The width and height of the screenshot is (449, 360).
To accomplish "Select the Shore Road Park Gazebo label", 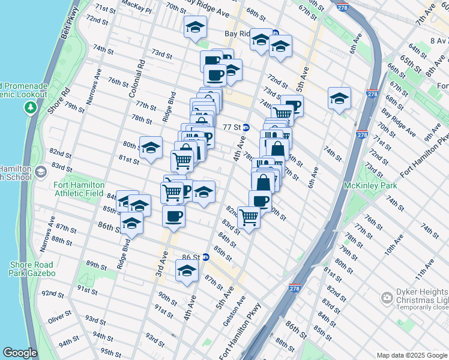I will (31, 269).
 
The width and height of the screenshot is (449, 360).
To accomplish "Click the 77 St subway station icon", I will (246, 127).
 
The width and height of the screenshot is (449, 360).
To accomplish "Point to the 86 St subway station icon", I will (205, 257).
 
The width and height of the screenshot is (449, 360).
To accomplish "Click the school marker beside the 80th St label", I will (151, 147).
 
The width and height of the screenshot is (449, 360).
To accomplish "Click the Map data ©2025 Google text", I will (411, 355).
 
